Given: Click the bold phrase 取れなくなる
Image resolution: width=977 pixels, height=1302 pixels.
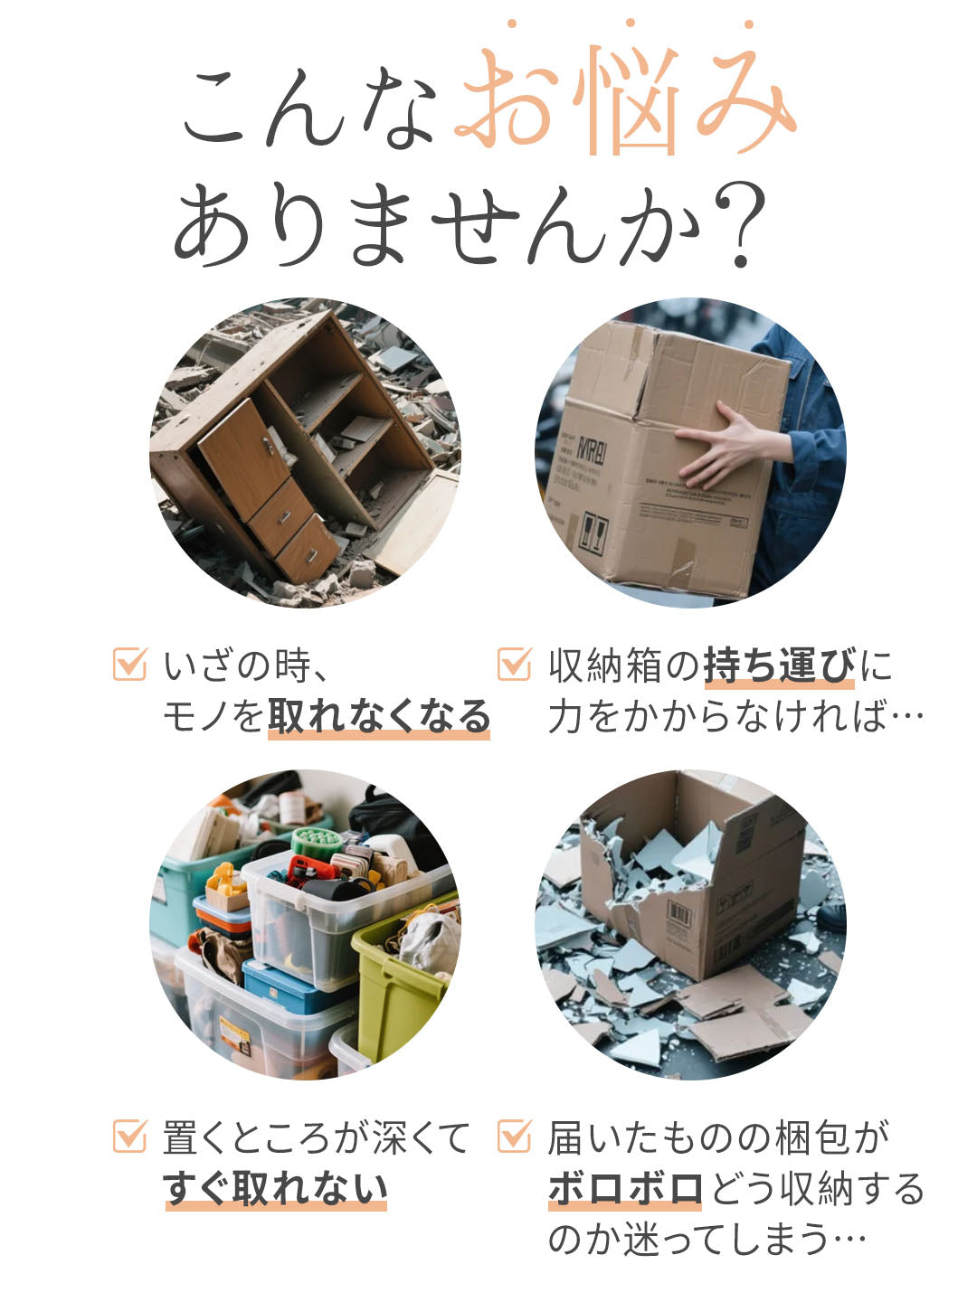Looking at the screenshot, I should pyautogui.click(x=379, y=717).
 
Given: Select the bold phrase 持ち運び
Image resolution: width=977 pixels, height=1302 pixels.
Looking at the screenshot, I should pyautogui.click(x=778, y=666).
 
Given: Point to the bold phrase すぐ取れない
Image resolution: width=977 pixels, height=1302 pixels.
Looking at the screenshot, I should pyautogui.click(x=275, y=1188).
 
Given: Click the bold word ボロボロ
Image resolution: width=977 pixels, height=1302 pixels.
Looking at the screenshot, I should pyautogui.click(x=625, y=1188).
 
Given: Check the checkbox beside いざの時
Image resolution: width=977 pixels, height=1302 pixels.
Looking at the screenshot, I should pyautogui.click(x=129, y=665).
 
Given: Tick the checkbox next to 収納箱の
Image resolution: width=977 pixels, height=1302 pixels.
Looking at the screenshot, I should pyautogui.click(x=514, y=665).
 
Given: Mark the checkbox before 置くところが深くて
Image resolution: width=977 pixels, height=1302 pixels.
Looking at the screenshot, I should pyautogui.click(x=129, y=1136).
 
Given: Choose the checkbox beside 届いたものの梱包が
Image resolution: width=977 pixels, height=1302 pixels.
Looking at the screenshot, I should pyautogui.click(x=514, y=1136).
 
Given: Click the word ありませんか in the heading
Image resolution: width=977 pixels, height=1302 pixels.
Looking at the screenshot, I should pyautogui.click(x=434, y=226).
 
